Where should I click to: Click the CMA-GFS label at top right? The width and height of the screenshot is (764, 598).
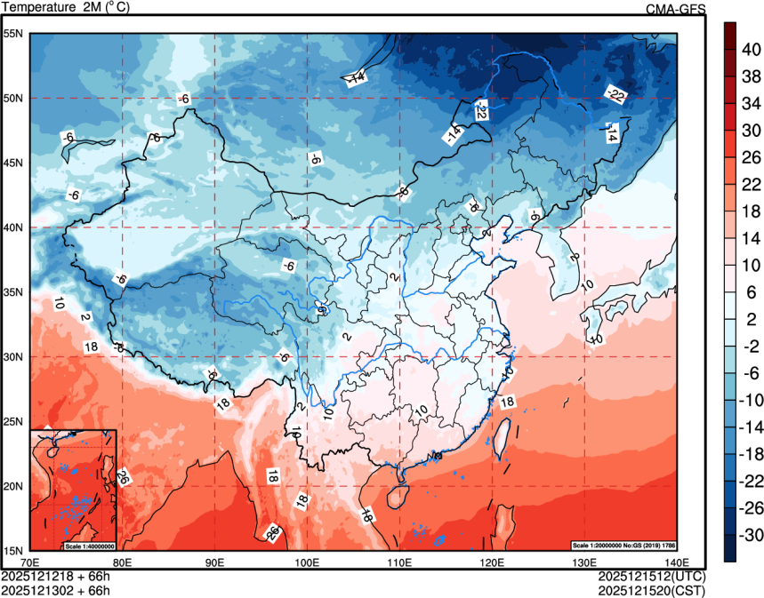click(675, 9)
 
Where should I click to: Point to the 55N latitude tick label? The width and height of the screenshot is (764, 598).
click(13, 34)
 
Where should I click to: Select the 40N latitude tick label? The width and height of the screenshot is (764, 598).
click(13, 227)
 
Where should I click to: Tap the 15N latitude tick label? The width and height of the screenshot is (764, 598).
click(13, 550)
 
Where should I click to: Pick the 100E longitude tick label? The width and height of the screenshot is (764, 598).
click(307, 562)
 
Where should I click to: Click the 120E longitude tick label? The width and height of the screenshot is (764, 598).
click(492, 562)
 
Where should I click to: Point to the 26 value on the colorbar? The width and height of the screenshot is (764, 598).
click(752, 156)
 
